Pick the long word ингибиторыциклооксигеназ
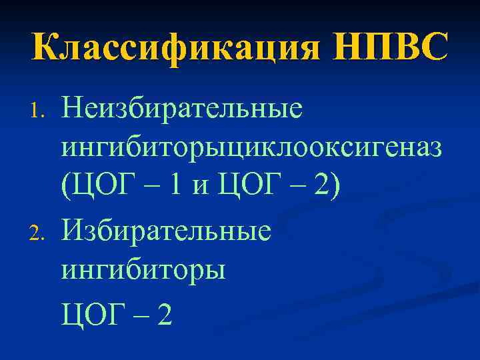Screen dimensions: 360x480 click(x=252, y=148)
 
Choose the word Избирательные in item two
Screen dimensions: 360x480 click(x=167, y=231)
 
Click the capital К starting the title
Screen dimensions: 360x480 click(x=44, y=49)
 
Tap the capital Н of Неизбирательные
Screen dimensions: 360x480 click(x=72, y=107)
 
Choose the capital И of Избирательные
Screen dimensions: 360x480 click(x=72, y=231)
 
